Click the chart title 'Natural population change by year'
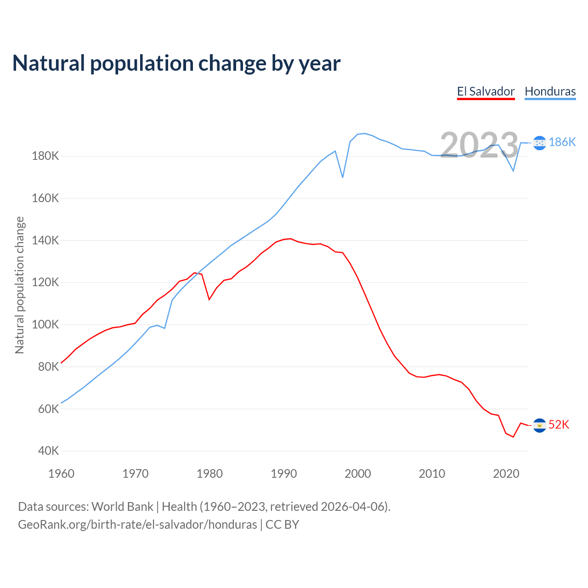tap(176, 63)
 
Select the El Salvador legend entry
tap(486, 91)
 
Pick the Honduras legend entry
tap(550, 91)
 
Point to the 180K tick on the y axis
tap(45, 156)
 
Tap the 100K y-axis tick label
tap(45, 325)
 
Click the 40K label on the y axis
tap(48, 451)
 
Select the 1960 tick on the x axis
tap(61, 474)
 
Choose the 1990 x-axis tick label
tap(284, 474)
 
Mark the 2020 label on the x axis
tap(506, 474)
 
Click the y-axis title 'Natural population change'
tap(19, 285)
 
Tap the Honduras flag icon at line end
tap(539, 142)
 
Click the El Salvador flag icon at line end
tap(539, 425)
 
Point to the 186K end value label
tap(562, 142)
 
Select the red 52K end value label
tap(559, 425)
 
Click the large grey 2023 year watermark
tap(479, 145)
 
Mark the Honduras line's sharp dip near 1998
tap(343, 177)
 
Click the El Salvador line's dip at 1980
tap(209, 300)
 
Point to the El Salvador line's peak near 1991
tap(290, 239)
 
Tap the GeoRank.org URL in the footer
tap(137, 525)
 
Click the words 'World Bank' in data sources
tap(122, 507)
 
